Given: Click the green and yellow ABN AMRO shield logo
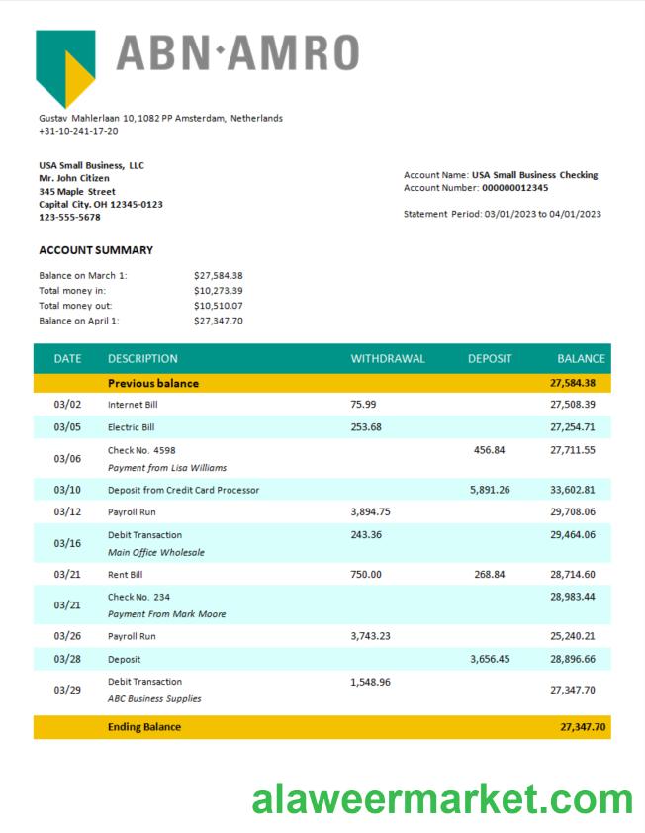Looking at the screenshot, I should [65, 65].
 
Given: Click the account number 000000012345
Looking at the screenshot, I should [514, 187].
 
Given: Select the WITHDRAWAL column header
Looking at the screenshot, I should [388, 358].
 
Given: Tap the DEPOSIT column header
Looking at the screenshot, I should [490, 358].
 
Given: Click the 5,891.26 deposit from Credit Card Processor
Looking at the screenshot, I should [490, 490].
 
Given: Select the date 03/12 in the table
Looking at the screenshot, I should [67, 511].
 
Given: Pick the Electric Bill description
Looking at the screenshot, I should [131, 427].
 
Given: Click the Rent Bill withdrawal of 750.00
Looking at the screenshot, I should [366, 574].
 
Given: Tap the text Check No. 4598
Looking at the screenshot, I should [141, 450].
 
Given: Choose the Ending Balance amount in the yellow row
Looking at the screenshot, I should [583, 727].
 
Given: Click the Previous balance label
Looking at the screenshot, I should [152, 383].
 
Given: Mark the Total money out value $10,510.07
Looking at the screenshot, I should [219, 306].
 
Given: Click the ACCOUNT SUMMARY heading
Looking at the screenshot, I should [96, 250].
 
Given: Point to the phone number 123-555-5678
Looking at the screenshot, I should [69, 217].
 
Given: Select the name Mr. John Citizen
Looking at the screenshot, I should [74, 178].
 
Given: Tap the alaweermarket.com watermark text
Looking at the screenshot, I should [442, 798].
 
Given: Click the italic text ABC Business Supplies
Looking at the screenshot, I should [153, 698].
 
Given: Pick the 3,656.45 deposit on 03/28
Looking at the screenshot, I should [490, 659].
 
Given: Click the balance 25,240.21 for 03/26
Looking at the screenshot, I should [573, 636].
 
